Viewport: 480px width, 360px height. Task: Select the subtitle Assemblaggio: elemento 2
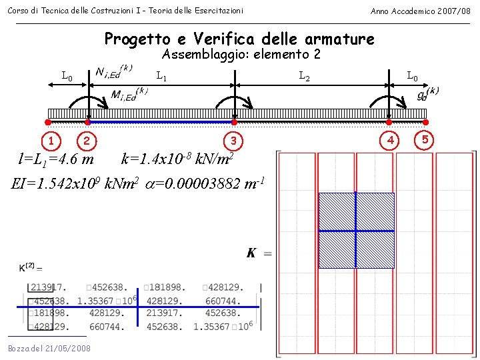coord(241,55)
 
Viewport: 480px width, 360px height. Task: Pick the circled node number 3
coord(233,141)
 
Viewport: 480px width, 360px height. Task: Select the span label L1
coord(161,77)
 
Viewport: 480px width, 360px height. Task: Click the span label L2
coord(304,77)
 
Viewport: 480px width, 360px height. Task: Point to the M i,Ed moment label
coord(129,96)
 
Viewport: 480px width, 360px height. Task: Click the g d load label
coord(427,93)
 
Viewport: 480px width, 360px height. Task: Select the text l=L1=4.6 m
coord(56,159)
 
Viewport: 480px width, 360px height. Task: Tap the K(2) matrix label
coord(30,268)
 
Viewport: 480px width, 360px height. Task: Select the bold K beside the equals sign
coord(251,253)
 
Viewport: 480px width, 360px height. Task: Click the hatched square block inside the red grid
coord(356,230)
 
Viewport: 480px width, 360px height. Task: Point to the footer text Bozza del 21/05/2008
coord(49,349)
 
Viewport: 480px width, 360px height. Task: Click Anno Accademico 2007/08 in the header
coord(420,11)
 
